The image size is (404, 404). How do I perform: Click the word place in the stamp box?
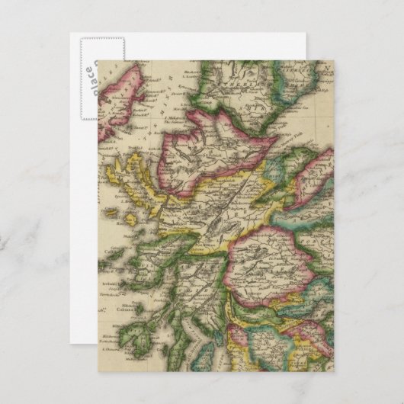tap(89, 73)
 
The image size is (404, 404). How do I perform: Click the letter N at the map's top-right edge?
tap(329, 68)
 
